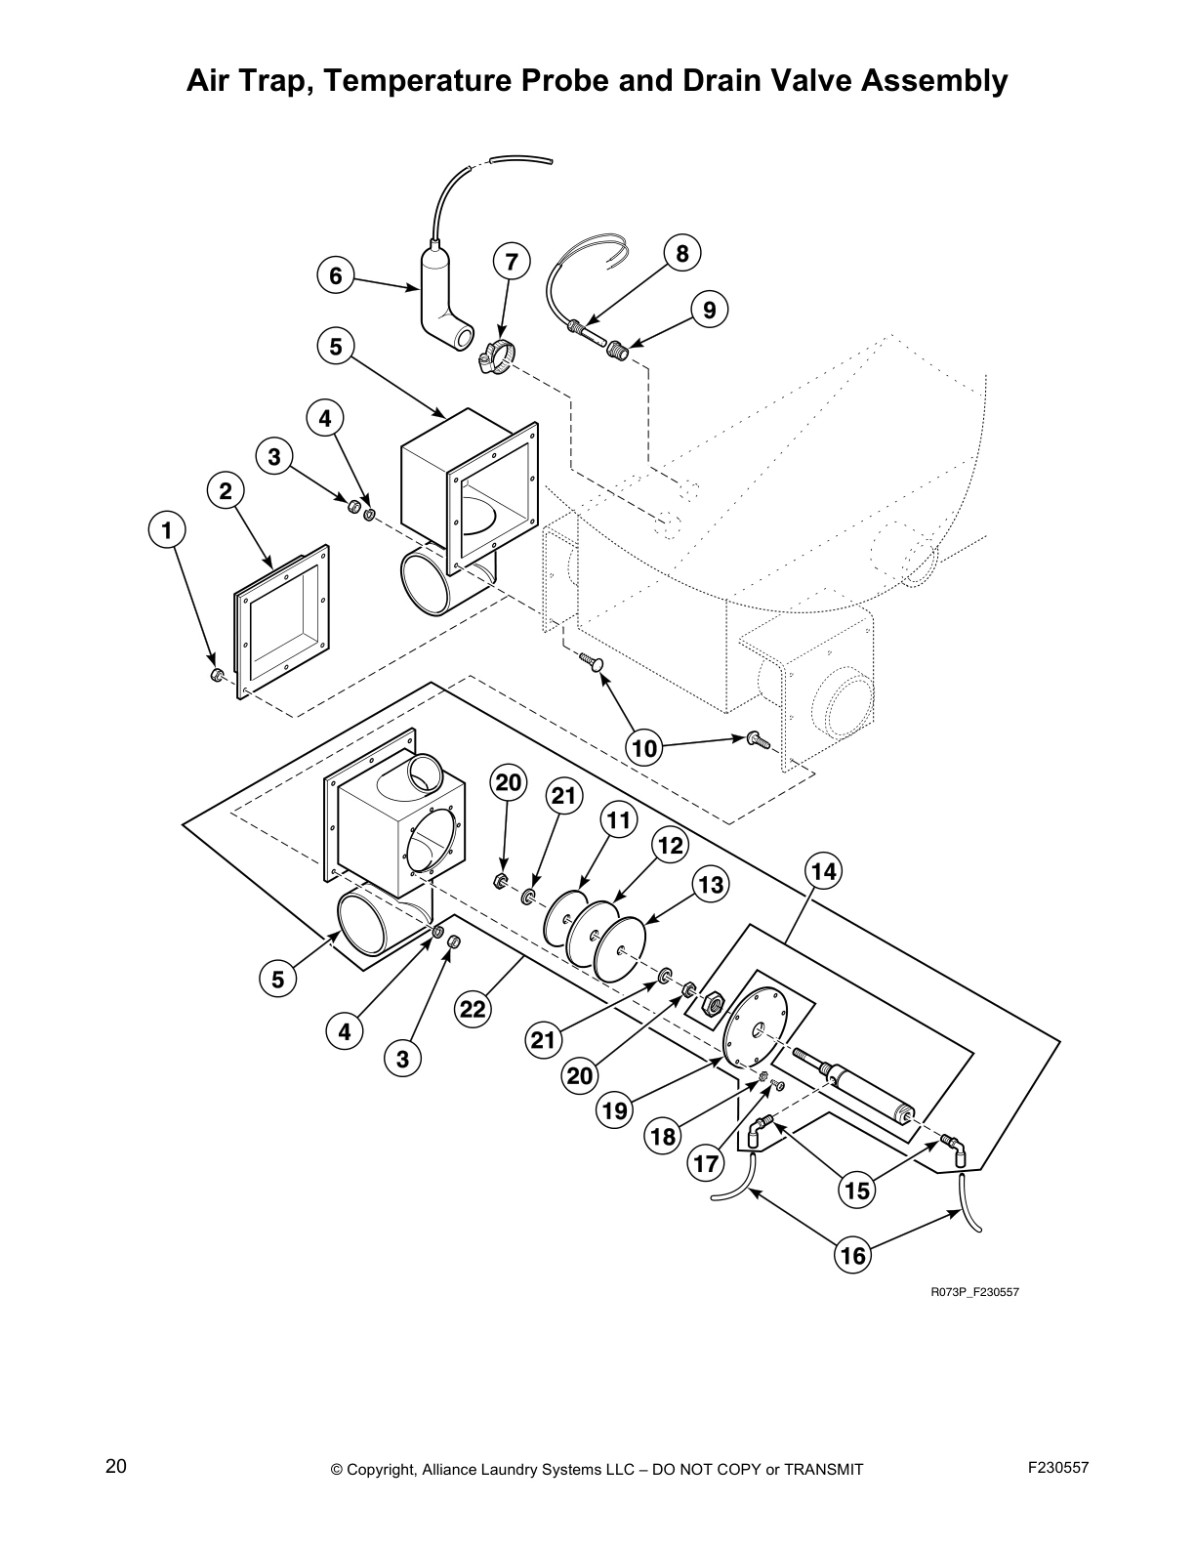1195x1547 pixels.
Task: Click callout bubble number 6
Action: (336, 276)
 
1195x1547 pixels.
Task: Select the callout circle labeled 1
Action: (167, 530)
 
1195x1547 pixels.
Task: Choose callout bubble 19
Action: (615, 1110)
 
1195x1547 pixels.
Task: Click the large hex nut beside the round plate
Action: (713, 1001)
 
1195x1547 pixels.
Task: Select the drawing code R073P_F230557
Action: (973, 1292)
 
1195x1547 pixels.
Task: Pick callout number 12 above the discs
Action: (670, 845)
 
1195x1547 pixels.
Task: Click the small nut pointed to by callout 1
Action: (218, 675)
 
